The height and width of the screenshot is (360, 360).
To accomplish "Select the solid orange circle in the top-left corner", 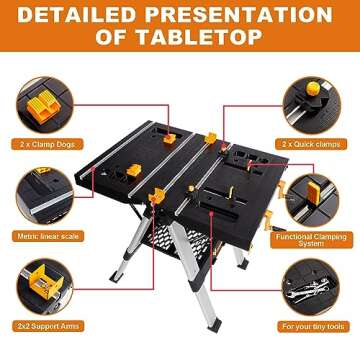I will (x=6, y=5).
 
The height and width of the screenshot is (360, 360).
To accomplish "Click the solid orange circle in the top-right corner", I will (x=354, y=5).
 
